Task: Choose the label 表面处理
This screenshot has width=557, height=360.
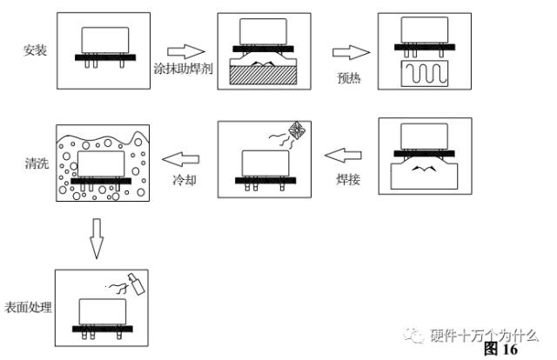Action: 29,307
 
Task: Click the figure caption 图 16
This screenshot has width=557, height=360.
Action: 500,349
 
